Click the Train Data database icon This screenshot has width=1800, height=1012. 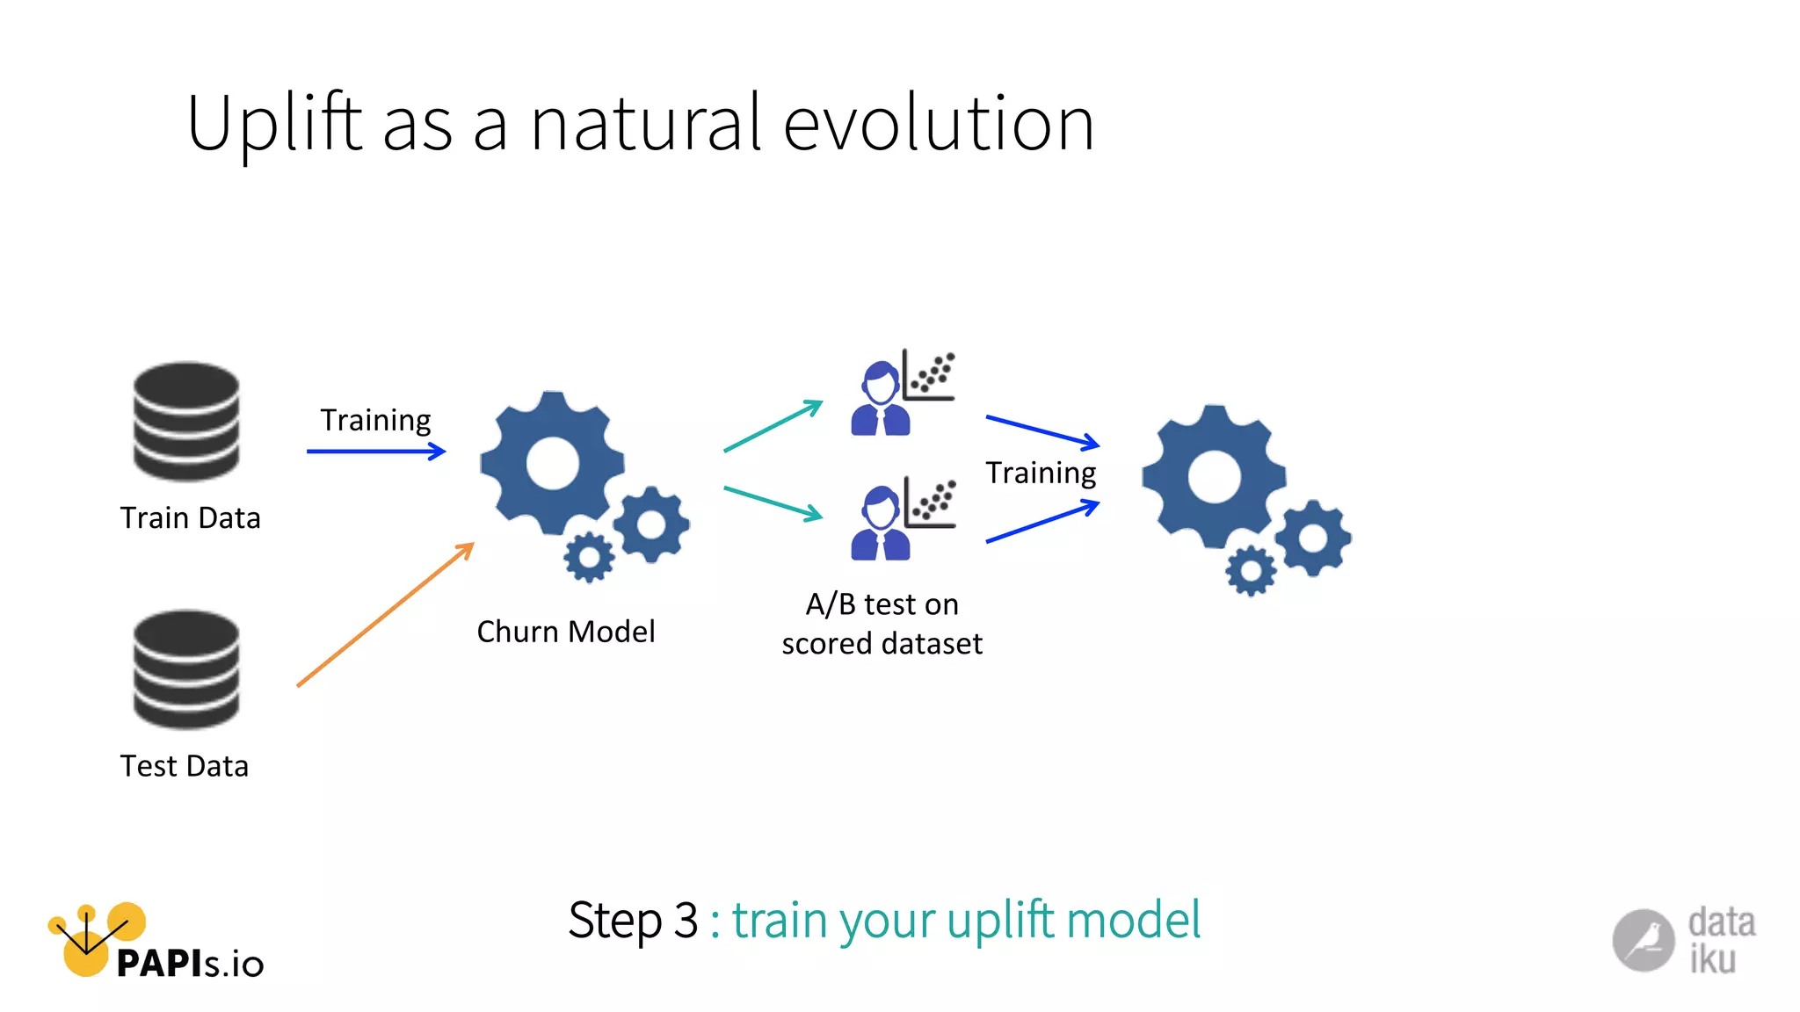pos(186,422)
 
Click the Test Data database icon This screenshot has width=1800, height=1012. pos(186,669)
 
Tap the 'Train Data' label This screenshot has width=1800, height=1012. pos(190,518)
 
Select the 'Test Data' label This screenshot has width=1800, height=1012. pos(185,766)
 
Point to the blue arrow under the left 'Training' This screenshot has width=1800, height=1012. pos(375,452)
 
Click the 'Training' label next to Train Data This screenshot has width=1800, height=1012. pos(375,420)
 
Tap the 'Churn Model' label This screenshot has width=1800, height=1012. pos(566,632)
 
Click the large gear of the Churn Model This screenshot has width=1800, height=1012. pos(551,464)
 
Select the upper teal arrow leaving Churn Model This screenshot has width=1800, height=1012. pos(773,426)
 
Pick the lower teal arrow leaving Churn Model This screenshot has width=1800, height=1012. pos(773,503)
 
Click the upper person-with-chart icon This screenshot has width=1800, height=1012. pos(902,392)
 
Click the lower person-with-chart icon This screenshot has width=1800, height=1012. pos(902,518)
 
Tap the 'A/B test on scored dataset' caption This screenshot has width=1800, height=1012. pos(882,624)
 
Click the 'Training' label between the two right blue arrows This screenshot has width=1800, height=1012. pos(1041,473)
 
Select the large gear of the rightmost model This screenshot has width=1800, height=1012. pos(1213,477)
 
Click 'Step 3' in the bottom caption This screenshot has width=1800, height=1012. pos(633,921)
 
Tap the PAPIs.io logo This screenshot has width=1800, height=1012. pos(155,944)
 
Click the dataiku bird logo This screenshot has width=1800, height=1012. pos(1643,940)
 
